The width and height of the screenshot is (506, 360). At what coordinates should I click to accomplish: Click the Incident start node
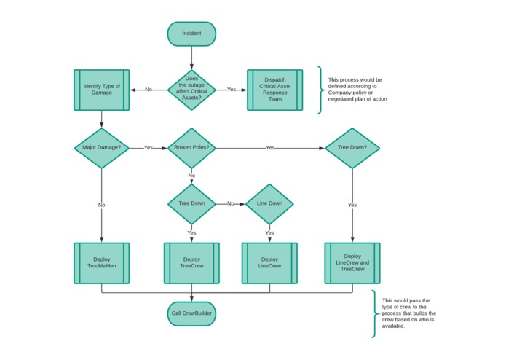(191, 34)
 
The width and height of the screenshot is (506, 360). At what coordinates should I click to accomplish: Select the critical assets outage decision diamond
(191, 90)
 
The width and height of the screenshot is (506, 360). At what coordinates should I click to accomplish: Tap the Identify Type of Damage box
(101, 90)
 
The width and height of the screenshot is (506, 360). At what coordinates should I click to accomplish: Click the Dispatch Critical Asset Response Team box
(274, 90)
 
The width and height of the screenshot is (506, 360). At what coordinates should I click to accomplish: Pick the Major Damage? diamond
(101, 148)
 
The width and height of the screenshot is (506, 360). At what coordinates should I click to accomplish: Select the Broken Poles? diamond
(191, 148)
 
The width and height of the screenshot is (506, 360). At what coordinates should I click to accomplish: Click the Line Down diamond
(269, 204)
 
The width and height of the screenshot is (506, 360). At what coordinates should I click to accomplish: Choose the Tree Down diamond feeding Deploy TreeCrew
(191, 204)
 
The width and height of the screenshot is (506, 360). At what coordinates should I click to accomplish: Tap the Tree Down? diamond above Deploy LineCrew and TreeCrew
(352, 148)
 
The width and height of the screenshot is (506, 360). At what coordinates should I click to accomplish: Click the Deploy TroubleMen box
(101, 263)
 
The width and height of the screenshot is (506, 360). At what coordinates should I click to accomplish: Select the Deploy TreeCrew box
(191, 263)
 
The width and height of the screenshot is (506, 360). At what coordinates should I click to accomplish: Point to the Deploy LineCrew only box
(269, 263)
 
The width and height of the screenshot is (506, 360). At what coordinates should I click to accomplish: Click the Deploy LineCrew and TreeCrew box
(352, 263)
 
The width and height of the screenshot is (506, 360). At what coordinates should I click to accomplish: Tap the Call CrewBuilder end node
(191, 313)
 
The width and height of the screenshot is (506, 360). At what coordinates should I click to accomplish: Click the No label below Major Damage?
(101, 205)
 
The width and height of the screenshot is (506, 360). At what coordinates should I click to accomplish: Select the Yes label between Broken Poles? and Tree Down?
(269, 148)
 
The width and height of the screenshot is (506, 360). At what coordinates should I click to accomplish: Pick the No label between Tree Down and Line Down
(231, 204)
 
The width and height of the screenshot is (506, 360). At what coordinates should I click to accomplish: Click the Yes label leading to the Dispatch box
(232, 90)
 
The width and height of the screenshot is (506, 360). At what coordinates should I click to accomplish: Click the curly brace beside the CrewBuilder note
(374, 313)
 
